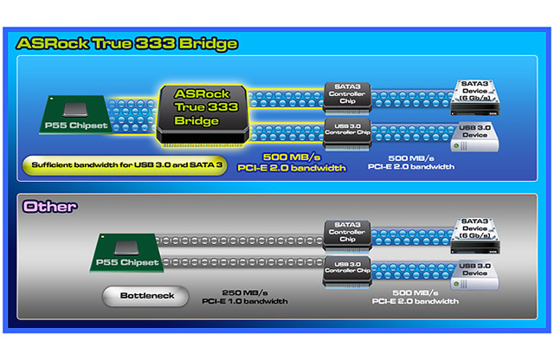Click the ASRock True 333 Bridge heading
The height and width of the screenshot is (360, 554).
[x=127, y=44]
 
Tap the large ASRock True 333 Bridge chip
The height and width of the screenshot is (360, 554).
[x=203, y=115]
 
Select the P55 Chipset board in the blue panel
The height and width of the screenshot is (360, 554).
[x=75, y=115]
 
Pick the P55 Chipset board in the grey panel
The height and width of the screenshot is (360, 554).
[x=126, y=252]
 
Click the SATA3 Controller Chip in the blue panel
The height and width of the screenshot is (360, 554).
[x=347, y=98]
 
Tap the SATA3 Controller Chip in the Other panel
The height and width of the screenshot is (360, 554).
[x=347, y=235]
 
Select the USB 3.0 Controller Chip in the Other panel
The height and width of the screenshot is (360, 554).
[x=347, y=273]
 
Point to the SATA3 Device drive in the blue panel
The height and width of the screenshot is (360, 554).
[x=475, y=98]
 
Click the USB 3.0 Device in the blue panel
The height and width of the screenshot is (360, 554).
[x=475, y=137]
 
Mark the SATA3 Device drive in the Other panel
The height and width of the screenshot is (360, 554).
[x=475, y=235]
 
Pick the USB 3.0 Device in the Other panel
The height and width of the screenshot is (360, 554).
[x=475, y=275]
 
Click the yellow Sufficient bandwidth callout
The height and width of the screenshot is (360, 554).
[x=125, y=165]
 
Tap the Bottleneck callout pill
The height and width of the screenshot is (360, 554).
[x=145, y=296]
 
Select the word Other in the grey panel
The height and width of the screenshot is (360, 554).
[x=49, y=207]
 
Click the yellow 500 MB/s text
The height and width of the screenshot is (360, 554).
[x=292, y=157]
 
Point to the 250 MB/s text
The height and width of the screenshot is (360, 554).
[x=245, y=292]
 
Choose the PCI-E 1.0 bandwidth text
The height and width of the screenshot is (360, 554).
[x=244, y=301]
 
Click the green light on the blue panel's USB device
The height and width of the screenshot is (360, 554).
[x=456, y=145]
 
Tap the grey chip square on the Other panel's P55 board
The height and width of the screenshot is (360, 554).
[x=127, y=247]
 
